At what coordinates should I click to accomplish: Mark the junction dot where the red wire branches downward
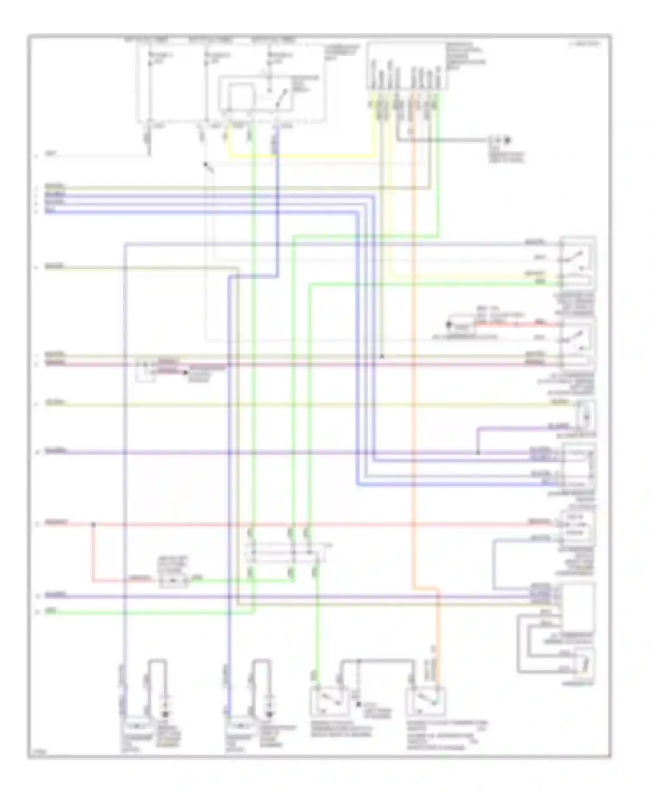point(93,524)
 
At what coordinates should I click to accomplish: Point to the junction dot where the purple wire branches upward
point(478,453)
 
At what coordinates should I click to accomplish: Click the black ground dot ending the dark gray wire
point(506,140)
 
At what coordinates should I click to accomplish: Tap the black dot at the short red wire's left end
point(449,324)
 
